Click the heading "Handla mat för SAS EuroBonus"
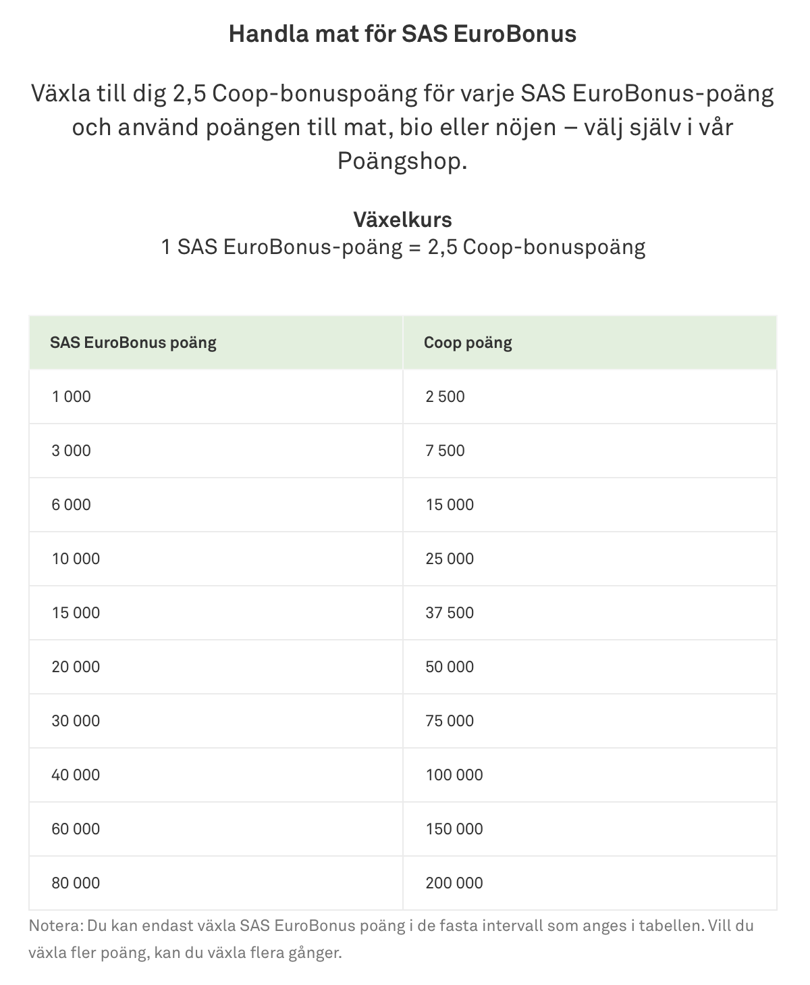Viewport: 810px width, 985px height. click(402, 34)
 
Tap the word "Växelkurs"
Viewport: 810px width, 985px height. click(403, 220)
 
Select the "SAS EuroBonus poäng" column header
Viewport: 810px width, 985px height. click(133, 343)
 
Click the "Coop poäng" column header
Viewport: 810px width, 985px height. click(468, 343)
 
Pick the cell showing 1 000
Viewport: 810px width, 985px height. click(71, 397)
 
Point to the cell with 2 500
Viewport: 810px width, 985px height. click(445, 397)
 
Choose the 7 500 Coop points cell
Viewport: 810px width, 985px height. click(445, 451)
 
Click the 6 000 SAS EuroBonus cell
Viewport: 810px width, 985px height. click(71, 505)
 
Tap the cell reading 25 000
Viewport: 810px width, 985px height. click(450, 559)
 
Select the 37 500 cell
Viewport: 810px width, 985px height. click(450, 613)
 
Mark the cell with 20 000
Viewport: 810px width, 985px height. click(76, 667)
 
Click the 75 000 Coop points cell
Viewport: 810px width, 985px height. click(450, 721)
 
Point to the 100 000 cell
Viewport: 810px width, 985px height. click(454, 775)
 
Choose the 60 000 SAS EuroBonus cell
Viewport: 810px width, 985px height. click(76, 829)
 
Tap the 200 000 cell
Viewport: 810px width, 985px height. click(454, 883)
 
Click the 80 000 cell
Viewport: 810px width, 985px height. click(76, 883)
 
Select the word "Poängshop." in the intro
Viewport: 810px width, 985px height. click(402, 161)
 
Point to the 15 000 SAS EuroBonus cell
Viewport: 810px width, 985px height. click(76, 613)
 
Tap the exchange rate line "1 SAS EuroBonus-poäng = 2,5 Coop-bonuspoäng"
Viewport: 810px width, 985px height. click(403, 247)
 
